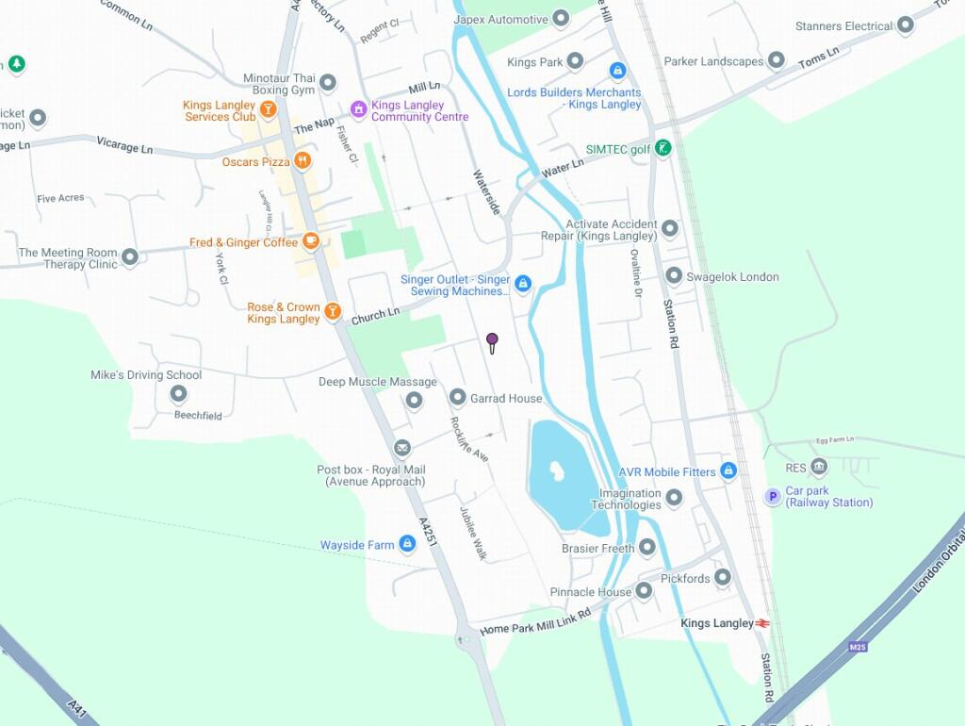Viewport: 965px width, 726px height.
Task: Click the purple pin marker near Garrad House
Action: (492, 341)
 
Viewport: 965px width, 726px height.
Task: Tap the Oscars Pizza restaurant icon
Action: (303, 161)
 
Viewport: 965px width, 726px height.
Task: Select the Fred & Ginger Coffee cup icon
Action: (310, 241)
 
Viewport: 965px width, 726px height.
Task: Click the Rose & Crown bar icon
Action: (332, 311)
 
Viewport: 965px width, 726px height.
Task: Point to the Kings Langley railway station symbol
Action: (762, 623)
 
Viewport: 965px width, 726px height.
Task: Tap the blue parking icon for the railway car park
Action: (773, 496)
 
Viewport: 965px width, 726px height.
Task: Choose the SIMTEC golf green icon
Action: (663, 148)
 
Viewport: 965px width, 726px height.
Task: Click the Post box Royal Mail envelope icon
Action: (402, 448)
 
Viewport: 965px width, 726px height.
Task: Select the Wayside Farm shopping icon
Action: (407, 544)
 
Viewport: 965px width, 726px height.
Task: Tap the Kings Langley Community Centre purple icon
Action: (358, 109)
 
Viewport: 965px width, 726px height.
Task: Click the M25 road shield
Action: (858, 647)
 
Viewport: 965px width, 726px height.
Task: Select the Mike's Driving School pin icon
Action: (178, 394)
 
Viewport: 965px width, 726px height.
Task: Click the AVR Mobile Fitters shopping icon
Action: (728, 470)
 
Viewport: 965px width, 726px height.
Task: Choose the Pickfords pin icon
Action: (723, 577)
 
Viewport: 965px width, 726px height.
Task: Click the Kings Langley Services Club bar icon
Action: (268, 109)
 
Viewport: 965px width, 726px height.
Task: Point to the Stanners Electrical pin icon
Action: (906, 25)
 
